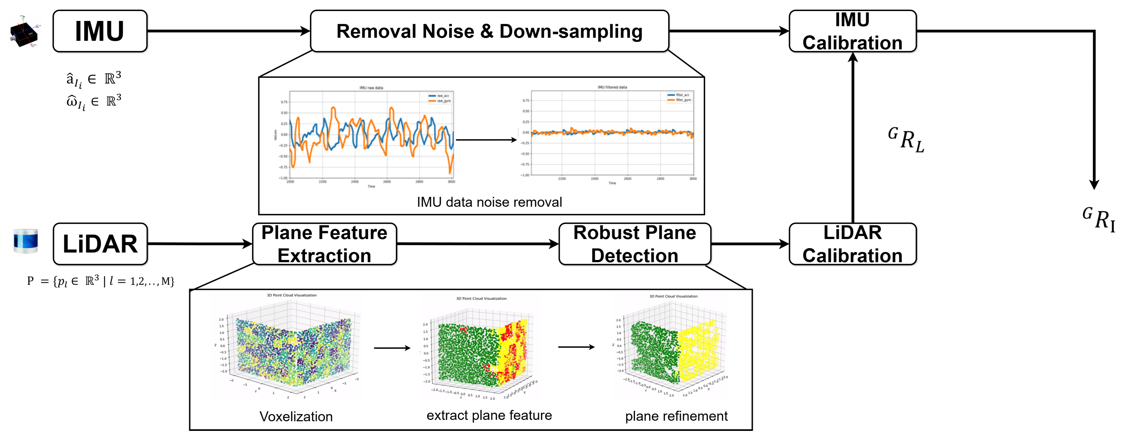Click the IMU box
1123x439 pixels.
tap(100, 31)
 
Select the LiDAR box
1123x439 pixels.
tap(100, 244)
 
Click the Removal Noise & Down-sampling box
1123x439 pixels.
tap(489, 31)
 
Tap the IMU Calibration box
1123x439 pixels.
tap(852, 31)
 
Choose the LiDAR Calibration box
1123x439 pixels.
tap(852, 244)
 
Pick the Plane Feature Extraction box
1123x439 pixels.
tap(324, 244)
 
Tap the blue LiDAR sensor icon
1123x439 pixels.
tap(26, 240)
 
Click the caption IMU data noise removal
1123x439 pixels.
tap(489, 202)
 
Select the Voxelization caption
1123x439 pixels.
tap(296, 416)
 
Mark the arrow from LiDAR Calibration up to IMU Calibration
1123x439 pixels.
tap(852, 140)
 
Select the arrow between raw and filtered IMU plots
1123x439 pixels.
tap(486, 140)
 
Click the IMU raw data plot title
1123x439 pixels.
tap(371, 88)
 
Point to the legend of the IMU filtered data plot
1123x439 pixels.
tap(679, 97)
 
